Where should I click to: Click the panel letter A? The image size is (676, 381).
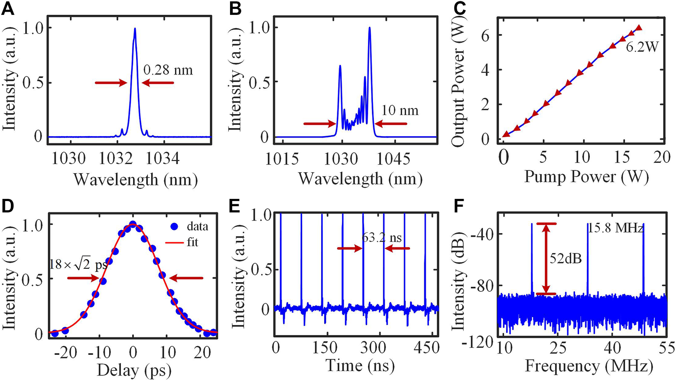8,9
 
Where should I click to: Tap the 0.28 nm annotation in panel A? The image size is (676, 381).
168,70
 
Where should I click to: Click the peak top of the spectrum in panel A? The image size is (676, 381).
135,29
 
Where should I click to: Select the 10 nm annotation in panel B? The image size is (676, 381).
400,110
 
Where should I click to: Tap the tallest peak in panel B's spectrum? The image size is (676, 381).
369,28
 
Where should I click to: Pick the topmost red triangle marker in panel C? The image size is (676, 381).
639,28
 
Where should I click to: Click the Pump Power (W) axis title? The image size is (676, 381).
586,177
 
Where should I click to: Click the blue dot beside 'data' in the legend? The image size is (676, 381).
174,226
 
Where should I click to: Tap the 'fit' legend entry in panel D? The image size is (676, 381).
192,243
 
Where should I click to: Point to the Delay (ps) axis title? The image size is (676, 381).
134,371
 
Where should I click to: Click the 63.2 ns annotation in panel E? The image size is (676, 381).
382,238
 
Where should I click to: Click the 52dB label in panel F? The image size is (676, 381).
566,259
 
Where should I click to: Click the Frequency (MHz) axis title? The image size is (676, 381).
589,366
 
